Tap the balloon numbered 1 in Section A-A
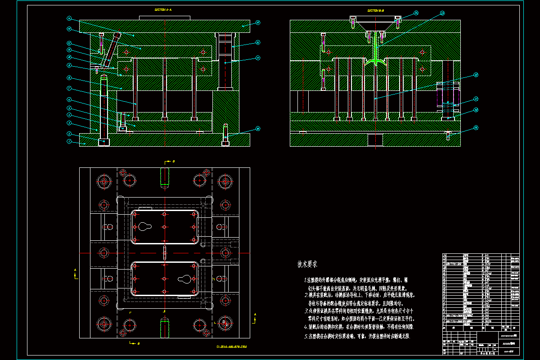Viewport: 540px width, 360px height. (69, 142)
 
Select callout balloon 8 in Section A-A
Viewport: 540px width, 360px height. (69, 77)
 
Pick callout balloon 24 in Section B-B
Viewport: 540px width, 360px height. (416, 13)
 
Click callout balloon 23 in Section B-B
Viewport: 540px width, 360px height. (442, 13)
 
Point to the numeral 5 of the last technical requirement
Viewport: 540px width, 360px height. (306, 336)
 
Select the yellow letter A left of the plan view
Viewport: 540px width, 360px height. (75, 270)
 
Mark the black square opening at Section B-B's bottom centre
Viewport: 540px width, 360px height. (375, 140)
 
